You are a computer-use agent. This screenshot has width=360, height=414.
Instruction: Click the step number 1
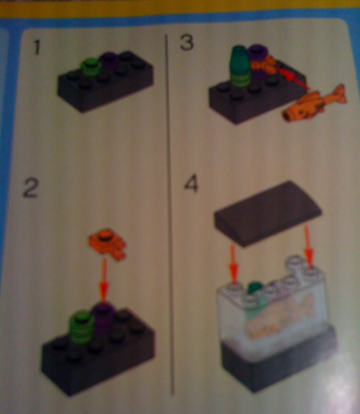(x=37, y=47)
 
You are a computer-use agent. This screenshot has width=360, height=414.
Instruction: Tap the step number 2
(x=30, y=188)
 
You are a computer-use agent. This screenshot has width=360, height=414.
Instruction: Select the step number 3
(x=188, y=43)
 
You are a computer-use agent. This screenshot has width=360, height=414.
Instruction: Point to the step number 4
(x=191, y=184)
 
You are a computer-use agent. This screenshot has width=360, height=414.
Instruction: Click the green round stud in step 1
(x=92, y=68)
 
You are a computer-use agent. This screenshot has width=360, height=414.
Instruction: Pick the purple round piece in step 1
(x=108, y=61)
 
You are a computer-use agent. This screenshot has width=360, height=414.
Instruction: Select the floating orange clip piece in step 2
(x=108, y=243)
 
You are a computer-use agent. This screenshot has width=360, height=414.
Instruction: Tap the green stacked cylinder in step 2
(x=81, y=326)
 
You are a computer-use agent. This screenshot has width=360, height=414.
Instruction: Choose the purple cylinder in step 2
(x=104, y=316)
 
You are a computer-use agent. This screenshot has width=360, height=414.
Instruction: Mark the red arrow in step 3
(x=292, y=78)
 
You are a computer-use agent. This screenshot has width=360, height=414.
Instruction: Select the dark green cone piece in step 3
(x=241, y=66)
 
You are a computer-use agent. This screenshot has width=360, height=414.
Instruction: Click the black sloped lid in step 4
(x=268, y=212)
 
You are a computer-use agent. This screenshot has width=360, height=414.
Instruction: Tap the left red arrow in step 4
(x=234, y=263)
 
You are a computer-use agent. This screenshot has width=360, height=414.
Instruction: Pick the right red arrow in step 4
(x=308, y=247)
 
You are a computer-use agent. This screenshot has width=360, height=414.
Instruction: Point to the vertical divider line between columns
(x=170, y=214)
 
